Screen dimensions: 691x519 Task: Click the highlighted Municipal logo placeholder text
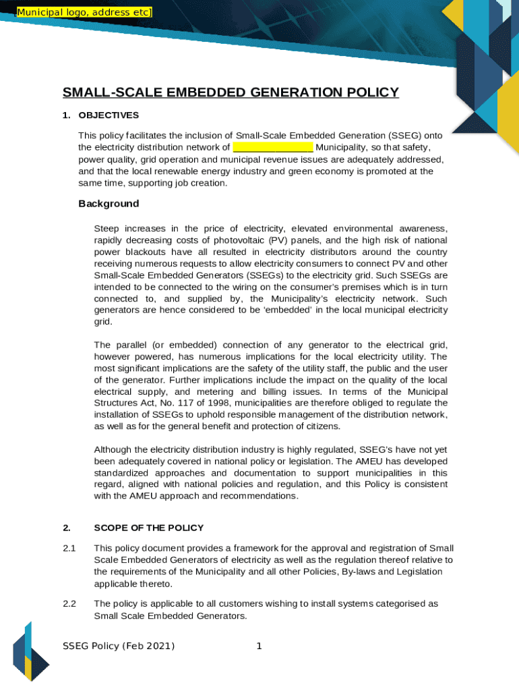coord(84,13)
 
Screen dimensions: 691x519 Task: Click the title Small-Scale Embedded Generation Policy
coord(231,92)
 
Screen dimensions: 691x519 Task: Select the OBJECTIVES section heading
coord(109,115)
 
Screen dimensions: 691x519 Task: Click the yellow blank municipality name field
coord(273,147)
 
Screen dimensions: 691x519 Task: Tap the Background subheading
coord(109,204)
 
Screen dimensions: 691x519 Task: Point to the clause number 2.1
coord(69,548)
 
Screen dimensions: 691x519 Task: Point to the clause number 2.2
coord(69,603)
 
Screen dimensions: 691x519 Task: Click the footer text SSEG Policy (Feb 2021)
coord(118,646)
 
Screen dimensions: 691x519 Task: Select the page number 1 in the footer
coord(259,646)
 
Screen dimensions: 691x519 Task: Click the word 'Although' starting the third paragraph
coord(113,449)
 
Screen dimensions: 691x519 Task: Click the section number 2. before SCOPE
coord(66,528)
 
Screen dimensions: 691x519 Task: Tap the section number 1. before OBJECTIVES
coord(66,115)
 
